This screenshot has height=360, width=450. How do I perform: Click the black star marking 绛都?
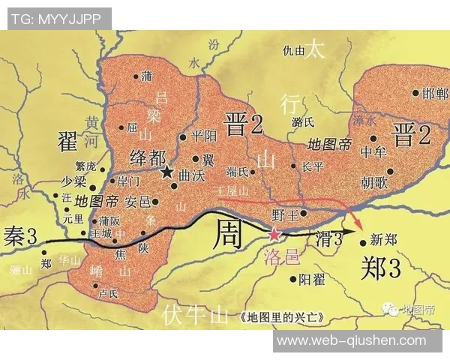pos(166,172)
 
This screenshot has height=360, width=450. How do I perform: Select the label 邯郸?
pos(436,94)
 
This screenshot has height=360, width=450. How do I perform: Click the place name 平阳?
pos(202,136)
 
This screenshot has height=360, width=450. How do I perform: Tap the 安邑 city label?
pos(137,202)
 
